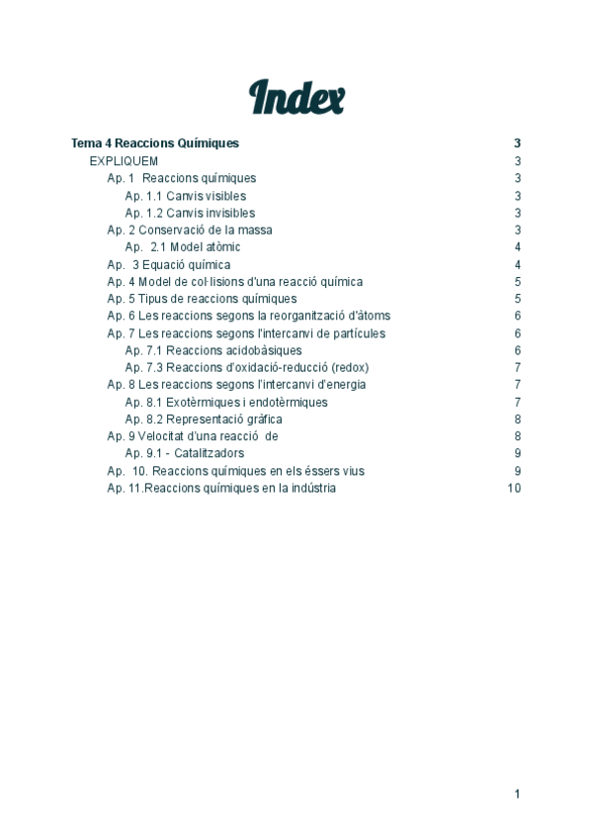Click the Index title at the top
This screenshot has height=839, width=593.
pos(296,98)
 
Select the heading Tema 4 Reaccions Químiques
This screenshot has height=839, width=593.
pos(155,143)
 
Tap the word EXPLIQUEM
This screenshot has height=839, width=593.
pos(124,161)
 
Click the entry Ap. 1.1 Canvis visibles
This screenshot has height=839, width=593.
pos(185,196)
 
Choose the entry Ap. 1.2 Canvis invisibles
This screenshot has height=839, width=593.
pos(190,213)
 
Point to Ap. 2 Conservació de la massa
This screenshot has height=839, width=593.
pos(190,231)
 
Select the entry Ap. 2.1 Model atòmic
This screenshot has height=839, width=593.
pos(183,247)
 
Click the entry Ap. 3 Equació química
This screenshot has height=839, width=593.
pos(169,265)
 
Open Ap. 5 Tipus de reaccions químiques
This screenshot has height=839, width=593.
pos(202,299)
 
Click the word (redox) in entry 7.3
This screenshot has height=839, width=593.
pos(351,368)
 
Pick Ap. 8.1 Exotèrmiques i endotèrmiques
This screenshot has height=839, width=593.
pos(226,403)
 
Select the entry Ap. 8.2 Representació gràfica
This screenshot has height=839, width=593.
pos(203,419)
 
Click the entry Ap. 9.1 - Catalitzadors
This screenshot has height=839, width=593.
pos(185,453)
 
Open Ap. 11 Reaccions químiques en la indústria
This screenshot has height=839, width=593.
pos(221,488)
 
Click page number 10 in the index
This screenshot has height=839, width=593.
pos(514,488)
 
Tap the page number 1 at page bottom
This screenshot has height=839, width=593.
pos(517,793)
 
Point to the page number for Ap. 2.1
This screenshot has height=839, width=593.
pos(517,247)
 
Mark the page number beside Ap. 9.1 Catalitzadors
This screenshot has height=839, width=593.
pos(517,453)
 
